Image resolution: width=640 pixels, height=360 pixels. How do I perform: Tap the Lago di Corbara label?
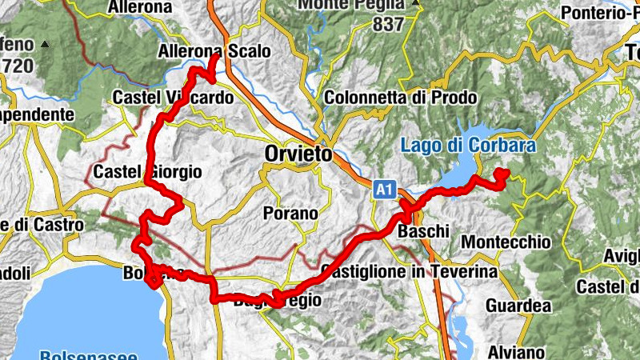(x=468, y=146)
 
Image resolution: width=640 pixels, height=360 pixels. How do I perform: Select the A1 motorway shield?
(x=385, y=190)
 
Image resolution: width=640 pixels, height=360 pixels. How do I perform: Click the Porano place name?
(x=290, y=214)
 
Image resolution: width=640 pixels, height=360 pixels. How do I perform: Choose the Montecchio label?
(x=518, y=241)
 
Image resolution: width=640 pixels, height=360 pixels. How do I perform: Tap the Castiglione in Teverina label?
(x=410, y=272)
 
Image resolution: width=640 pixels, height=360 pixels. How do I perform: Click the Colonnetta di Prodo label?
(x=400, y=98)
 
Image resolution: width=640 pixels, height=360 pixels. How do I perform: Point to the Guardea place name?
(x=518, y=306)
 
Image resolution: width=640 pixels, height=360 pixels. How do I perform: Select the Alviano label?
(x=518, y=352)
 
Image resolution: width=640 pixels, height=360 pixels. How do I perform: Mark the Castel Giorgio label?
(x=147, y=172)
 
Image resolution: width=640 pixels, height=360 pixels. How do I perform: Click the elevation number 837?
(x=389, y=24)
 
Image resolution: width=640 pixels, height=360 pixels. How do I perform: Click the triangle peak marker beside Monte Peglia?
(x=417, y=3)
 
